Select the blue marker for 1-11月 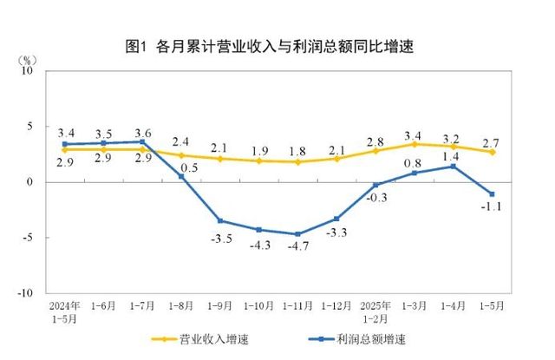[x=298, y=234]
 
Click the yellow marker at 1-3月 [x=415, y=144]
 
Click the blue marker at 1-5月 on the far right [x=493, y=194]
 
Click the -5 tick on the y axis [x=26, y=238]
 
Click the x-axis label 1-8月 [x=181, y=307]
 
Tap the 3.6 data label [x=142, y=133]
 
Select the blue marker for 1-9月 [x=220, y=221]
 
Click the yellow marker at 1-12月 [x=337, y=159]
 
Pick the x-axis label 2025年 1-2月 [x=376, y=311]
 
